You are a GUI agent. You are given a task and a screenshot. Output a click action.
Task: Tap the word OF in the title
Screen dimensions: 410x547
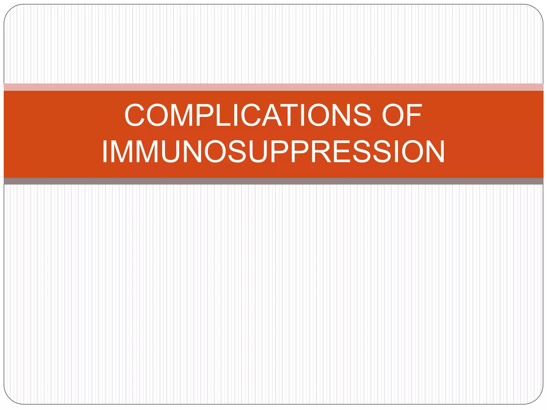(x=402, y=115)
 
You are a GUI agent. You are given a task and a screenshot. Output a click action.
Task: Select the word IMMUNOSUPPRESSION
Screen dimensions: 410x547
(x=273, y=151)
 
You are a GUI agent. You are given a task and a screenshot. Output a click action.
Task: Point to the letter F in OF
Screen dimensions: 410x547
(x=414, y=115)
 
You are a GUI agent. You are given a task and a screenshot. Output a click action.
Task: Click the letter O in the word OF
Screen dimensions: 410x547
(x=393, y=115)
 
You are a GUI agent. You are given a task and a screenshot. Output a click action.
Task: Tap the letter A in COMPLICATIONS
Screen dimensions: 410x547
(x=272, y=115)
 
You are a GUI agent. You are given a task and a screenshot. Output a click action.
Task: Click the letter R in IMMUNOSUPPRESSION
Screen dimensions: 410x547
(x=321, y=151)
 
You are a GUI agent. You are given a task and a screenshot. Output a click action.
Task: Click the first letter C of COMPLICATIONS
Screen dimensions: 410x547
(x=135, y=115)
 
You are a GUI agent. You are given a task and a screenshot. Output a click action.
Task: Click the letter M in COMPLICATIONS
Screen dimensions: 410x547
(x=182, y=115)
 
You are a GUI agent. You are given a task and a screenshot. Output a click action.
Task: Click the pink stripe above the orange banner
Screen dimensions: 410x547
(x=273, y=87)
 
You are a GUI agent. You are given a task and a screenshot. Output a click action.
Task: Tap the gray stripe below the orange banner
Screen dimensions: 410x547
(x=273, y=181)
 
